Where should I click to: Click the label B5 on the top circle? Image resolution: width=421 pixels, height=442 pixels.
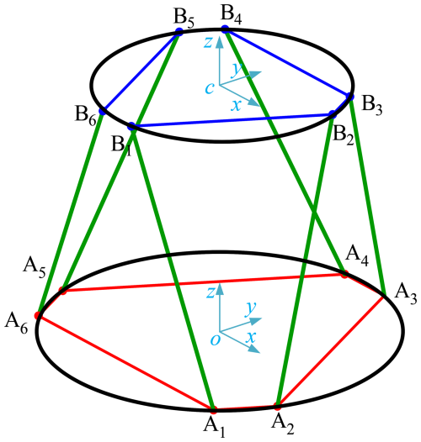tap(184, 19)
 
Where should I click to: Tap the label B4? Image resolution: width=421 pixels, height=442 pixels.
tap(232, 15)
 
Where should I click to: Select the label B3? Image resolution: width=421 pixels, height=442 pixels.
tap(372, 106)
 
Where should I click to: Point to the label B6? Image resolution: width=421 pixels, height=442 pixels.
tap(86, 116)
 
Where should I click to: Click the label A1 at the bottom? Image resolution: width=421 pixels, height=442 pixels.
tap(214, 428)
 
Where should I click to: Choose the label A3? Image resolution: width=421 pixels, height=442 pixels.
tap(406, 295)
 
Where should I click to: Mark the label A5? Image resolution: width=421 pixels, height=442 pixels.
tap(34, 268)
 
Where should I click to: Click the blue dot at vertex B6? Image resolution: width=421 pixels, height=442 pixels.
tap(102, 111)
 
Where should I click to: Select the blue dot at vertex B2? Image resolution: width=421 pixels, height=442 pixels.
tap(333, 114)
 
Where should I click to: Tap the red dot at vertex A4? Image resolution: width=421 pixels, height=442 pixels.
tap(344, 274)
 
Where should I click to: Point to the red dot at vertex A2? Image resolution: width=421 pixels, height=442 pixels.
tap(278, 407)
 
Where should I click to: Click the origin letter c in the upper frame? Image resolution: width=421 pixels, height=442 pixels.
tap(210, 88)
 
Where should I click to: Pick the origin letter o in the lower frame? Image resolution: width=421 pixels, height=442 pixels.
tap(215, 340)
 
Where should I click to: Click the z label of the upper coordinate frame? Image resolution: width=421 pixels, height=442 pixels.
tap(208, 42)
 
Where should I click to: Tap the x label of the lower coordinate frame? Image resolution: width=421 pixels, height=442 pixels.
tap(251, 336)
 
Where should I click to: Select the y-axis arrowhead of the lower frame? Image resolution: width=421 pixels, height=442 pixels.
tap(256, 320)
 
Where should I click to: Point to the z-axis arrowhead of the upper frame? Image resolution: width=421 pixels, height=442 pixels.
tap(219, 41)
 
